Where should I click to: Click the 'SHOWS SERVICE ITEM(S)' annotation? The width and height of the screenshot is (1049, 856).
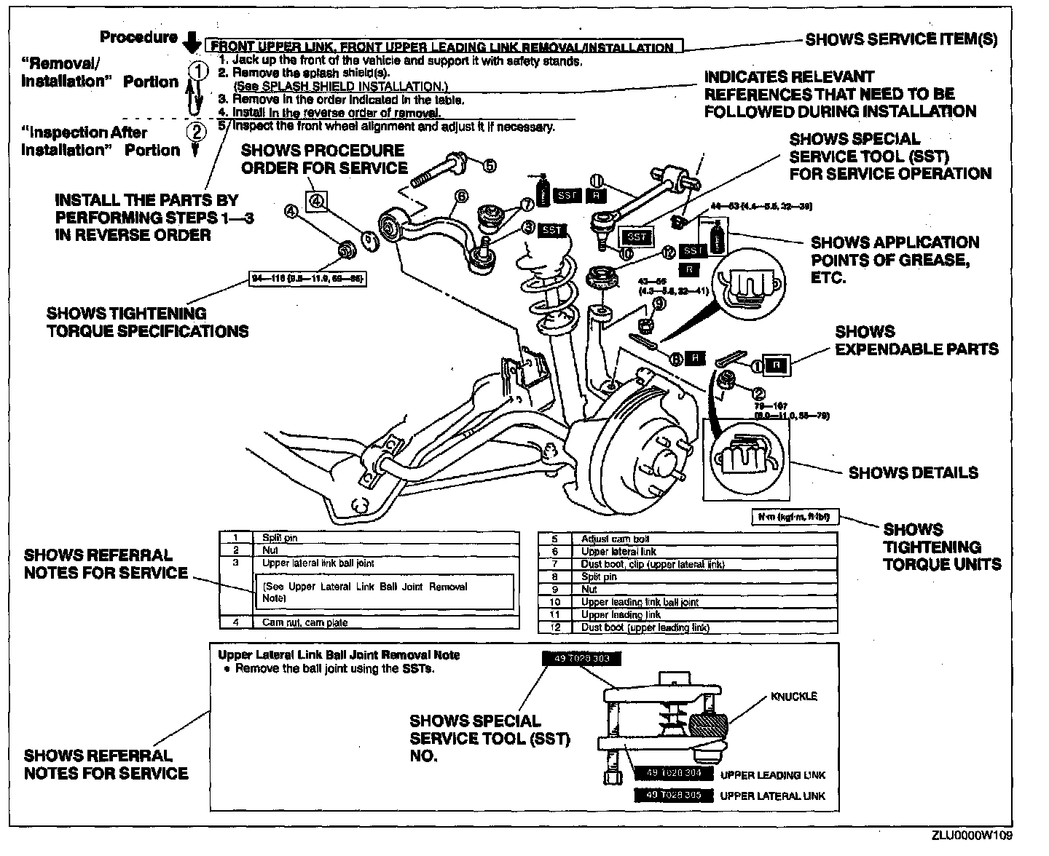pyautogui.click(x=901, y=39)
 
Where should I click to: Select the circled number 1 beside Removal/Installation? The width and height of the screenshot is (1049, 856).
pyautogui.click(x=196, y=71)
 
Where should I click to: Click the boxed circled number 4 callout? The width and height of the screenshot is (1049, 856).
pyautogui.click(x=316, y=201)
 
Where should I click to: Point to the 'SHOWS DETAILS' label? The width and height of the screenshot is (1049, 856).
pyautogui.click(x=913, y=473)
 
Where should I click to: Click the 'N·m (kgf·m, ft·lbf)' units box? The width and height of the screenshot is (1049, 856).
pyautogui.click(x=793, y=518)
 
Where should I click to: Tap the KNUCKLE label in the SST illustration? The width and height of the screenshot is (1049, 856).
pyautogui.click(x=794, y=697)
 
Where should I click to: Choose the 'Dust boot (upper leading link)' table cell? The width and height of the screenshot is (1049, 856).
pyautogui.click(x=645, y=627)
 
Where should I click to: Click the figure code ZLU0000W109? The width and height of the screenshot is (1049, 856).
pyautogui.click(x=971, y=836)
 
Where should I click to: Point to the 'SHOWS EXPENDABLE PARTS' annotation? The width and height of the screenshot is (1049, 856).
pyautogui.click(x=916, y=341)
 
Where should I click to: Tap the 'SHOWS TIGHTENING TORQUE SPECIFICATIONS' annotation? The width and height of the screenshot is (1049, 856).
pyautogui.click(x=147, y=322)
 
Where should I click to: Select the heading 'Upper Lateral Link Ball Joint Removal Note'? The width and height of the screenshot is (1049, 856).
pyautogui.click(x=339, y=655)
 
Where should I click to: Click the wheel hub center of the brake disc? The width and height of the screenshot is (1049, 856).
pyautogui.click(x=665, y=461)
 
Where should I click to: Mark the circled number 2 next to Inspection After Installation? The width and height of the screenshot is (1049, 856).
pyautogui.click(x=196, y=132)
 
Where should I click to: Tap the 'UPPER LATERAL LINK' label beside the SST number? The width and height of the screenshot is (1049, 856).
pyautogui.click(x=772, y=796)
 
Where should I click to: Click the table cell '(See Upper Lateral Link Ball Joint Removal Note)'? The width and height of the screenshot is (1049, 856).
pyautogui.click(x=364, y=592)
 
